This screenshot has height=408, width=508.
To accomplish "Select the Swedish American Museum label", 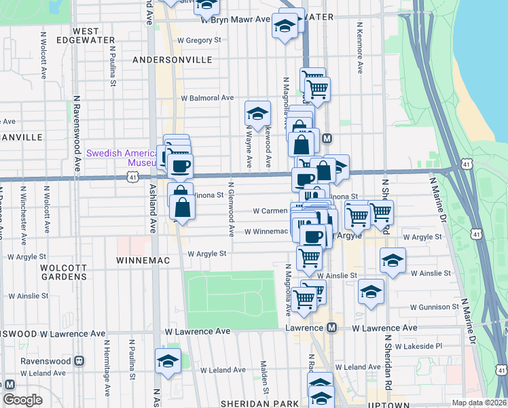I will coord(122,158).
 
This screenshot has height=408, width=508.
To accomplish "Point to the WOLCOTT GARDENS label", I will coord(63,272).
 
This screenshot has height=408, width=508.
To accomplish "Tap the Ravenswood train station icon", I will coord(79,360).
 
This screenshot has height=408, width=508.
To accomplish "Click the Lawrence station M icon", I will coord(331,328).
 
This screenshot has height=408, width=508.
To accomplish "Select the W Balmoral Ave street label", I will coord(206,98).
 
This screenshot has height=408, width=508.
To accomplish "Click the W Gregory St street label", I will coord(199,40).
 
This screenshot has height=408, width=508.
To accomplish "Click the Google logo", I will coord(22,400).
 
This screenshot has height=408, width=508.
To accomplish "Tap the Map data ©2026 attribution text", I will coord(479,403).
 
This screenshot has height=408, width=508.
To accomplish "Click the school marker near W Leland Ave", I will coord(168,361).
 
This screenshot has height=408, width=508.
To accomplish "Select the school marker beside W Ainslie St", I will coord(392,260).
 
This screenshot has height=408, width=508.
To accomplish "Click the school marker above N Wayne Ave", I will coord(257,114).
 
